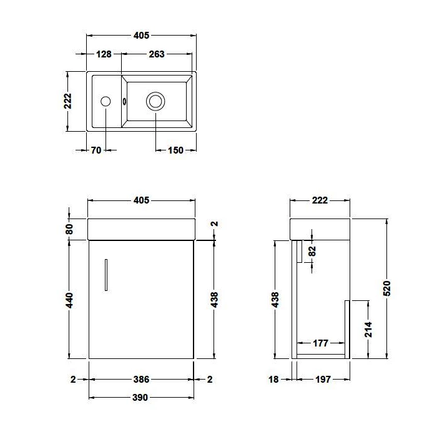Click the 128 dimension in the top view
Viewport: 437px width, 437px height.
pos(104,54)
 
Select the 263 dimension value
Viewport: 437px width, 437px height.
pos(157,54)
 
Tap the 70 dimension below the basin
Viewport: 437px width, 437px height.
pos(96,150)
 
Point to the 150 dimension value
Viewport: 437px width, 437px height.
pos(176,150)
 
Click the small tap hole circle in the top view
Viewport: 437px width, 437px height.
pos(106,101)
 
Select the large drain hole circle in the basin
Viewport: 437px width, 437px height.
pos(155,101)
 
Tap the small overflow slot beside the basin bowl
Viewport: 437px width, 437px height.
pos(125,101)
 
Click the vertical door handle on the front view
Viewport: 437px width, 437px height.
pos(107,274)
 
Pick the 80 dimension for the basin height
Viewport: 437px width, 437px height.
pos(69,228)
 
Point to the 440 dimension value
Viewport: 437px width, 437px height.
pos(69,300)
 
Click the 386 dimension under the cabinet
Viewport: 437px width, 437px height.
pos(142,379)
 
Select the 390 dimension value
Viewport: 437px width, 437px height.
pos(142,398)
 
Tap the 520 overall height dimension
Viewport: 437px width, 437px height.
pos(386,288)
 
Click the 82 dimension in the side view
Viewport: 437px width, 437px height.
pos(312,250)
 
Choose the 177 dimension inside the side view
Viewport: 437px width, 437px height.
pos(322,343)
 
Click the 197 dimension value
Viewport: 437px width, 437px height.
pos(323,379)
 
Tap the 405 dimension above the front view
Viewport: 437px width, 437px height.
pos(142,200)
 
